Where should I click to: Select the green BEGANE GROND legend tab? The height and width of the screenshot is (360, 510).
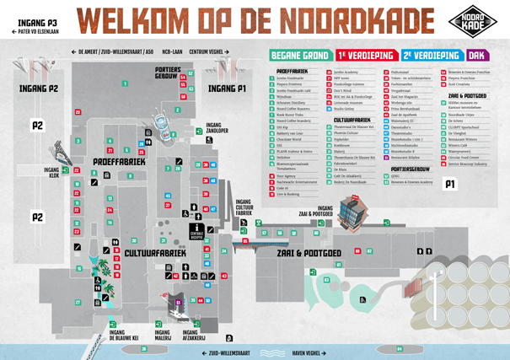(x=298, y=55)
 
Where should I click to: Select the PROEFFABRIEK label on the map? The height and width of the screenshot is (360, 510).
(x=120, y=160)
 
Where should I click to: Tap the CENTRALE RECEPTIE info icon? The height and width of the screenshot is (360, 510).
(x=196, y=230)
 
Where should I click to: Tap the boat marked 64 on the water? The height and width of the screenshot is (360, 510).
(x=145, y=348)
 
